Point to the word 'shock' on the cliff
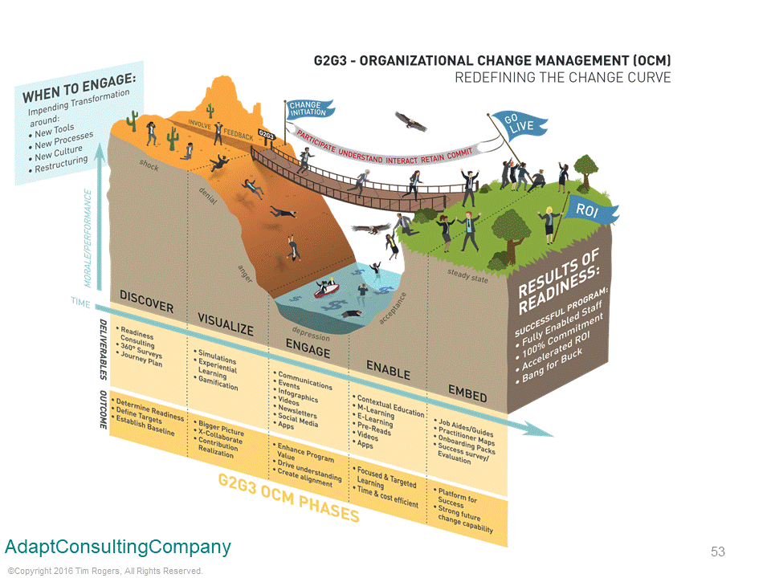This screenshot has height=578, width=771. tap(149, 165)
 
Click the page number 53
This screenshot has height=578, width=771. tap(717, 552)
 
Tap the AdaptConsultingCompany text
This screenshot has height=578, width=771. tap(118, 547)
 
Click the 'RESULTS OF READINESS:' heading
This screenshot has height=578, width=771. tap(559, 282)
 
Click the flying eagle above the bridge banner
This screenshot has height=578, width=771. tap(411, 121)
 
